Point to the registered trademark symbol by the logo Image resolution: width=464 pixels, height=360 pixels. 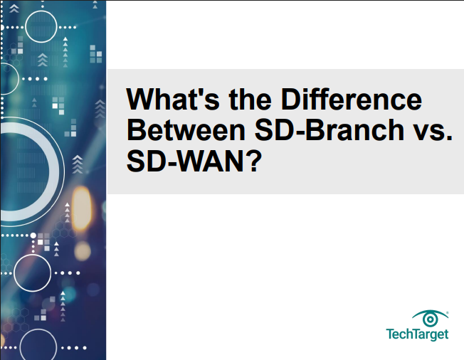pos(448,311)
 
